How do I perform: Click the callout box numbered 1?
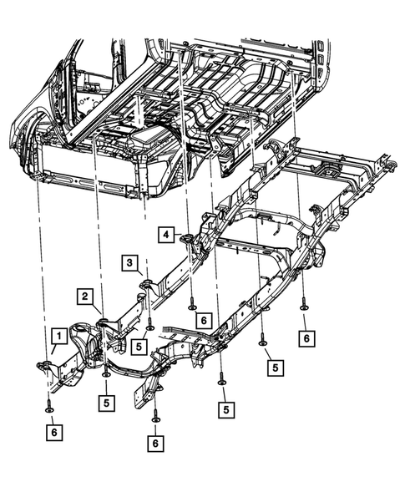click(58, 337)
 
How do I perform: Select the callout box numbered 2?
click(85, 296)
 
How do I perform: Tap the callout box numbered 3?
click(131, 264)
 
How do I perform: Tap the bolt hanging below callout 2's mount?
click(106, 375)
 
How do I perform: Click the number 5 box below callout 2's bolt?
click(106, 401)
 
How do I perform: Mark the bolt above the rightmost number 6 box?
click(304, 307)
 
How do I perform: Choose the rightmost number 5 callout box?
click(271, 367)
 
